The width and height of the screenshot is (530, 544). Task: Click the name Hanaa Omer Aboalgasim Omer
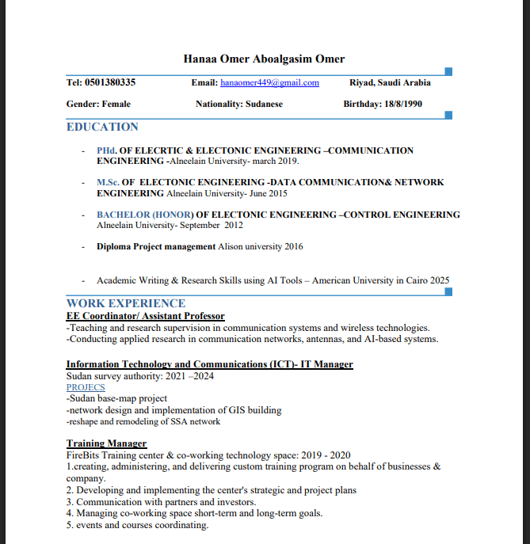pos(264,59)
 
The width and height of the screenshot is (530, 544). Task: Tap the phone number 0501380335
pos(110,82)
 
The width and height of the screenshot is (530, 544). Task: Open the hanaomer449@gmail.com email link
pos(269,82)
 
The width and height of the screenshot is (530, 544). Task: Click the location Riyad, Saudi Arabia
pos(390,82)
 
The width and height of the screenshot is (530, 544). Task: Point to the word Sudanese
pos(264,104)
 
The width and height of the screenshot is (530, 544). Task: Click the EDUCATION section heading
pos(102,127)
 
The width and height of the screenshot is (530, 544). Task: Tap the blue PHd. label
pos(106,150)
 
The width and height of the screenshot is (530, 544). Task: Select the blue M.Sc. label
pos(108,182)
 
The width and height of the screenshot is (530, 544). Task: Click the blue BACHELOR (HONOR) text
pos(145,215)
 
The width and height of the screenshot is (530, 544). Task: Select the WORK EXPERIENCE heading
pos(126,303)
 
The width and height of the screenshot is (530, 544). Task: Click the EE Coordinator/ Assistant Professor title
pos(145,316)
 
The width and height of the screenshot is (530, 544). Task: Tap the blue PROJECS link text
pos(86,387)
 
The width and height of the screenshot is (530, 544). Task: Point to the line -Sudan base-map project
pos(116,398)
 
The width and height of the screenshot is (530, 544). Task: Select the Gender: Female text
pos(98,104)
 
